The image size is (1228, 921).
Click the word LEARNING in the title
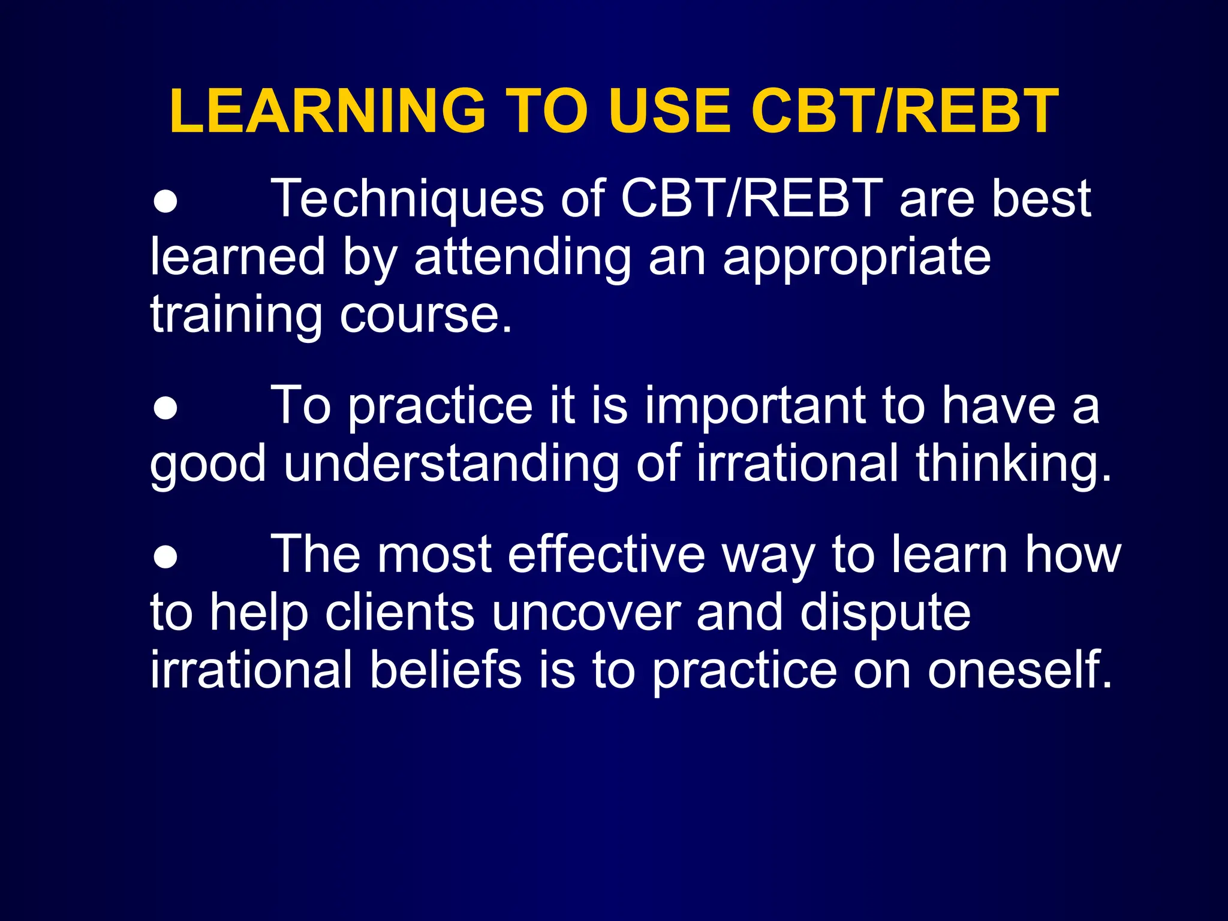tap(327, 111)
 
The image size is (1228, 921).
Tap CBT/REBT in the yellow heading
tap(904, 111)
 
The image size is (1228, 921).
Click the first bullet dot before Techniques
tap(165, 202)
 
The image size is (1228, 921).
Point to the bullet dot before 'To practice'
tap(165, 409)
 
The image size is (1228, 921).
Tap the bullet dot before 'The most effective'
tap(165, 557)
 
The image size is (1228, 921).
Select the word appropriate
tap(857, 258)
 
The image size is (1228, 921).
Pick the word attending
tap(522, 258)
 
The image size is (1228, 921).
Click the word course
tap(426, 315)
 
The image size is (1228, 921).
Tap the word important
tap(756, 405)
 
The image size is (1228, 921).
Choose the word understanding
tap(451, 463)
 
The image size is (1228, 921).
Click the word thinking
tap(1013, 463)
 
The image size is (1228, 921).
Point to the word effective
tap(606, 554)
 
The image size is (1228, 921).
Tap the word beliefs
tap(446, 670)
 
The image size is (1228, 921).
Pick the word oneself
tap(1020, 670)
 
